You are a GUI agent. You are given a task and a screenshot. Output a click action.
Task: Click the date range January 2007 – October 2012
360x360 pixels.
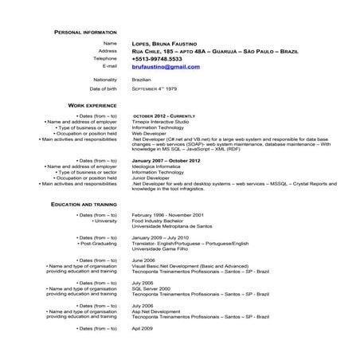[166, 160]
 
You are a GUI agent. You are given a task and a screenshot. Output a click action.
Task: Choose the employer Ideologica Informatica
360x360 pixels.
[158, 166]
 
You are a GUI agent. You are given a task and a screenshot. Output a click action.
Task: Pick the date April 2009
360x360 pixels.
[142, 327]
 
